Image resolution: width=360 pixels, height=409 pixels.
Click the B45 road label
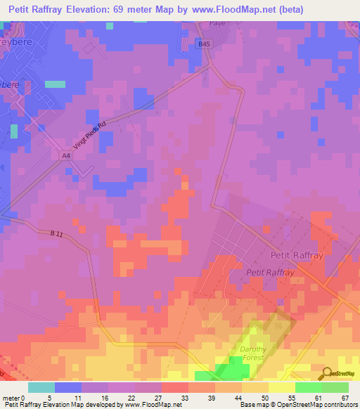(204, 44)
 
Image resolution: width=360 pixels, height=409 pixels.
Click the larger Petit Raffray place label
(297, 256)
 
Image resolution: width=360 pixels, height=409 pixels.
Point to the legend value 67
(345, 398)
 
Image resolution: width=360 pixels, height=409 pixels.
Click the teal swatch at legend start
(41, 387)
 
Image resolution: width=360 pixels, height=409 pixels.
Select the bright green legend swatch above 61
(308, 387)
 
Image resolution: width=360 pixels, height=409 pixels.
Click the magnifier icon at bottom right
(326, 373)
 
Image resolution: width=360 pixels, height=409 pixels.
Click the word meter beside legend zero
(11, 398)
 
